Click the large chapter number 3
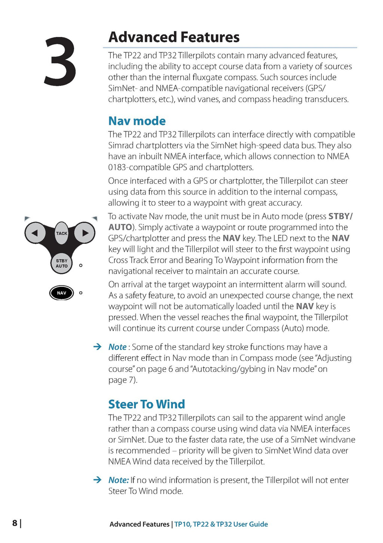point(60,62)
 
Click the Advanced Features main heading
point(174,37)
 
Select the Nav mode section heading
point(137,121)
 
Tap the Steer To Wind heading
point(147,404)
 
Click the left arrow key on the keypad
point(34,233)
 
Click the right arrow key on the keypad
point(85,233)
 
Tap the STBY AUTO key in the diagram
point(61,263)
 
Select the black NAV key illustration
point(61,293)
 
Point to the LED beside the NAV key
point(81,293)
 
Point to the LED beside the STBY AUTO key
point(81,265)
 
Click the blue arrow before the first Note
point(97,347)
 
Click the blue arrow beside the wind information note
point(97,480)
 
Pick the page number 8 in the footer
point(15,523)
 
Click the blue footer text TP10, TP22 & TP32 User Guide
point(221,524)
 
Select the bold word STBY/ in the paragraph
point(340,216)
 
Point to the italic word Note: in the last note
point(119,480)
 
